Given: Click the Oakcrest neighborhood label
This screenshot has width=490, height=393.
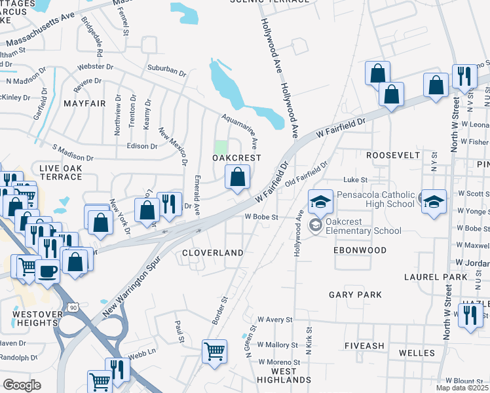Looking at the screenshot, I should (236, 158).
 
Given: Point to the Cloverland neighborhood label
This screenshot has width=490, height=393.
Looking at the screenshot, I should (212, 252).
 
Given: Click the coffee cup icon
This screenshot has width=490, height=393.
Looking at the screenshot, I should (47, 271).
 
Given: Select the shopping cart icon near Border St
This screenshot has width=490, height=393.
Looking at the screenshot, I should (214, 352).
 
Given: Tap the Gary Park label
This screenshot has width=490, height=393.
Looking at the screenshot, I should (355, 295).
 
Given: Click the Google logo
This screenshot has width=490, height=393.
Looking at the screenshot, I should (22, 384).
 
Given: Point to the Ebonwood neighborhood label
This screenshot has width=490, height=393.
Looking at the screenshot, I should (360, 250).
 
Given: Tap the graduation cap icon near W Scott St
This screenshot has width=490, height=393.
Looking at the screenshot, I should (434, 202).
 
